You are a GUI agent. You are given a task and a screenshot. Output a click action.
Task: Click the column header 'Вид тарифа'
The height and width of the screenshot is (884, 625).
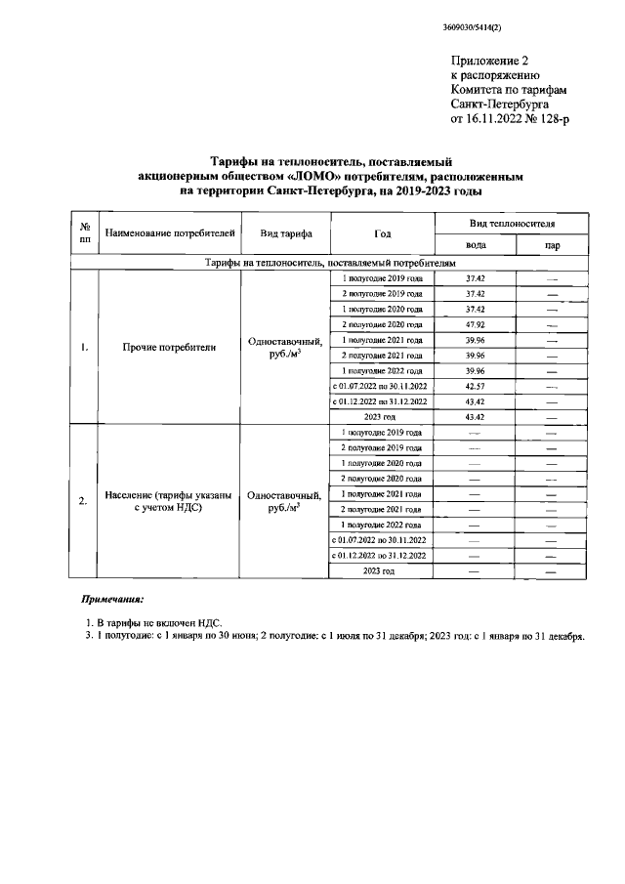[286, 235]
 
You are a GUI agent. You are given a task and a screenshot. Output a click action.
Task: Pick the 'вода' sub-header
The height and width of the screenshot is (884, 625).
[476, 246]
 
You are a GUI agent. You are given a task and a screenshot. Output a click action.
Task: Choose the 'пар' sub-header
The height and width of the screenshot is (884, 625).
[552, 246]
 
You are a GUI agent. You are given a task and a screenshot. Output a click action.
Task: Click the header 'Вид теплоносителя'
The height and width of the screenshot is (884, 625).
[513, 225]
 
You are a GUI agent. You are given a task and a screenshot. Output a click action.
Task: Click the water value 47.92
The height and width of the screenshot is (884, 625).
[476, 324]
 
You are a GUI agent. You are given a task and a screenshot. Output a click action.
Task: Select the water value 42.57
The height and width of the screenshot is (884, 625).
[476, 386]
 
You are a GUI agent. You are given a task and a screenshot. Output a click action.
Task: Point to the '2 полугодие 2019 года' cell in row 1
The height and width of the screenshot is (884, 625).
[382, 294]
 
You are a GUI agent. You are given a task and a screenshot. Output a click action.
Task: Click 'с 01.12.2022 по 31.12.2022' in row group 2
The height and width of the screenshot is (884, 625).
[382, 555]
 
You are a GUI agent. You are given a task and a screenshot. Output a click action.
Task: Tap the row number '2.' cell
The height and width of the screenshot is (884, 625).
[84, 501]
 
